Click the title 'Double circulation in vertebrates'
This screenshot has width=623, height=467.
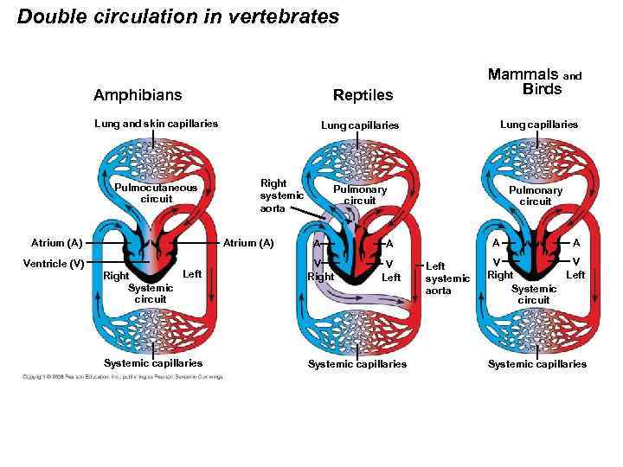[x=178, y=16]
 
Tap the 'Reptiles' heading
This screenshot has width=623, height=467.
[x=363, y=94]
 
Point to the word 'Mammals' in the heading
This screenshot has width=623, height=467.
[x=523, y=74]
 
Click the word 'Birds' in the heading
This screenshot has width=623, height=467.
[x=542, y=90]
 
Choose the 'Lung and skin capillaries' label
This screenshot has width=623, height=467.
[x=156, y=124]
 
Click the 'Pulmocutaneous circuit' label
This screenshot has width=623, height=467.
[x=156, y=193]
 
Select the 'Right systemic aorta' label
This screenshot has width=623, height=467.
[x=281, y=195]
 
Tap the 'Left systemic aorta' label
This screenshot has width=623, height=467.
[x=447, y=278]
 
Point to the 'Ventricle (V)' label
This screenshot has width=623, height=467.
[x=53, y=263]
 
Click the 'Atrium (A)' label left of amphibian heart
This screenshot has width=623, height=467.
[x=56, y=243]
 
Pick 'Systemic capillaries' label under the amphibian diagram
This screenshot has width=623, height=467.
[x=152, y=363]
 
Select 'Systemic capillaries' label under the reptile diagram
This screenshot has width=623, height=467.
[x=357, y=364]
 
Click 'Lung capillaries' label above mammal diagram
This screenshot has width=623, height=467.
[x=539, y=125]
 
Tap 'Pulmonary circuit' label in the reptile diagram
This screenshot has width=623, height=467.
[x=360, y=195]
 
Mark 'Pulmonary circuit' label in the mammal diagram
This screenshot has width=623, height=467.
[x=535, y=195]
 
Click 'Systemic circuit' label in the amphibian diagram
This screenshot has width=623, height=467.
[x=151, y=293]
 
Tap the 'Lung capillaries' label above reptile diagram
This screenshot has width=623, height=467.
[x=360, y=125]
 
